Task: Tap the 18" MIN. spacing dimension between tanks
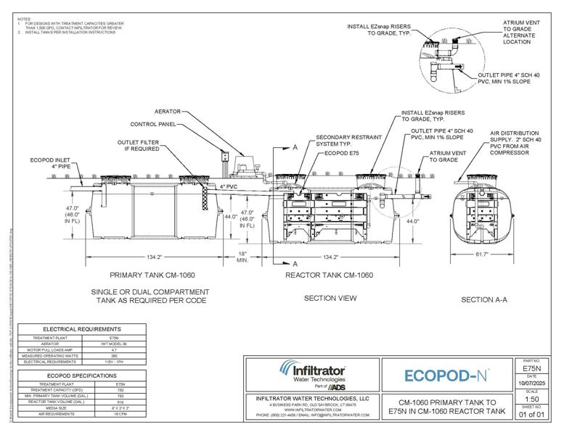[243, 256]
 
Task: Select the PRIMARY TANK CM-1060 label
[152, 275]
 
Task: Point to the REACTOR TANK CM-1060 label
[329, 275]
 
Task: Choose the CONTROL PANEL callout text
[154, 124]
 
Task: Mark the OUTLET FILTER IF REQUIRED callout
[143, 146]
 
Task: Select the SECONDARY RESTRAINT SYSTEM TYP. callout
[340, 141]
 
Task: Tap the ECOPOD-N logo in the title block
[445, 376]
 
